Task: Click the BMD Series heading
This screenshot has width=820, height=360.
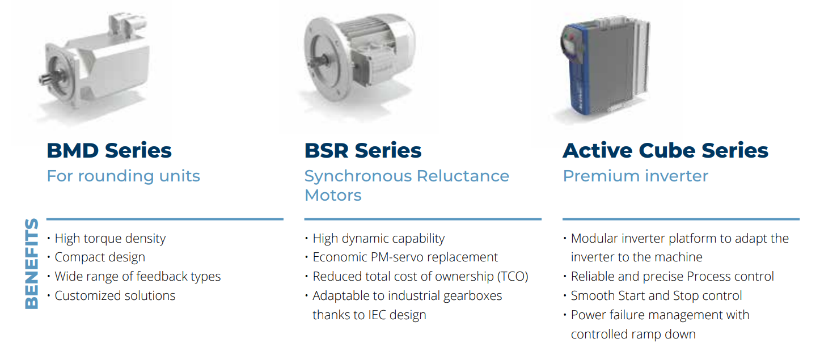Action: [x=109, y=150]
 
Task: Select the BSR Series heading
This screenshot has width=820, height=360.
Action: [x=363, y=150]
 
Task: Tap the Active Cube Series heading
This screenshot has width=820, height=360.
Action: [x=665, y=150]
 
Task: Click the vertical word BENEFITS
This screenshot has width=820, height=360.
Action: [x=32, y=264]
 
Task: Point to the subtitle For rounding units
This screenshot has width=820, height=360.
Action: [x=124, y=176]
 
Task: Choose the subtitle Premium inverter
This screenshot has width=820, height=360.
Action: [x=636, y=176]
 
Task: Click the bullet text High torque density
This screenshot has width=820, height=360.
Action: [x=110, y=239]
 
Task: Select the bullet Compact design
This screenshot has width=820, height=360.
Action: [x=100, y=257]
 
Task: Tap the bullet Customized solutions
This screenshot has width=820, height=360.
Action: [x=115, y=295]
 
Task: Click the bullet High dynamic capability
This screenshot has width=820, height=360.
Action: [x=378, y=239]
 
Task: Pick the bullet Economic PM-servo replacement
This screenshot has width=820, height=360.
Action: [x=405, y=257]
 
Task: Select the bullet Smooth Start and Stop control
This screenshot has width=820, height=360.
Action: [x=656, y=295]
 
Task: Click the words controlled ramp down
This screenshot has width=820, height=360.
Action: [x=633, y=334]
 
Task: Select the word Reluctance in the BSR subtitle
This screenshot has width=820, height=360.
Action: [x=463, y=176]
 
